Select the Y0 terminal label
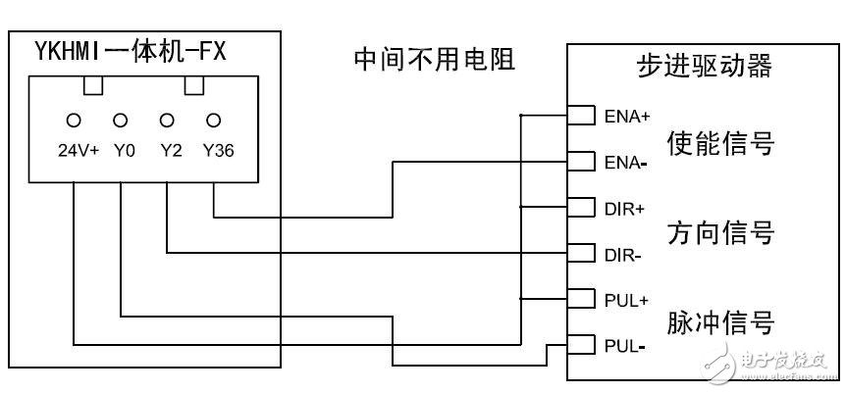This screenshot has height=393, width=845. click(x=121, y=152)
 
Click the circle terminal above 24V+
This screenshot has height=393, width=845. click(x=74, y=121)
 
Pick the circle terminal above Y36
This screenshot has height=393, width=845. click(x=214, y=121)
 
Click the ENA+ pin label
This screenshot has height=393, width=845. click(x=627, y=117)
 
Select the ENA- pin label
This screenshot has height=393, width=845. click(x=626, y=162)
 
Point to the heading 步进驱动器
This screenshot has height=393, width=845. click(x=704, y=67)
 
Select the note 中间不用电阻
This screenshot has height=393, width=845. click(x=434, y=61)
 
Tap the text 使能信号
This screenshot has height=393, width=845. click(x=720, y=143)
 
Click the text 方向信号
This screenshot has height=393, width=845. click(x=720, y=233)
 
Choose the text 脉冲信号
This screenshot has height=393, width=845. click(x=720, y=322)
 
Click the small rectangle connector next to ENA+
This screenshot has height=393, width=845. click(x=582, y=116)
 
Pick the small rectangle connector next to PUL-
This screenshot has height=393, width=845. click(x=582, y=345)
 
